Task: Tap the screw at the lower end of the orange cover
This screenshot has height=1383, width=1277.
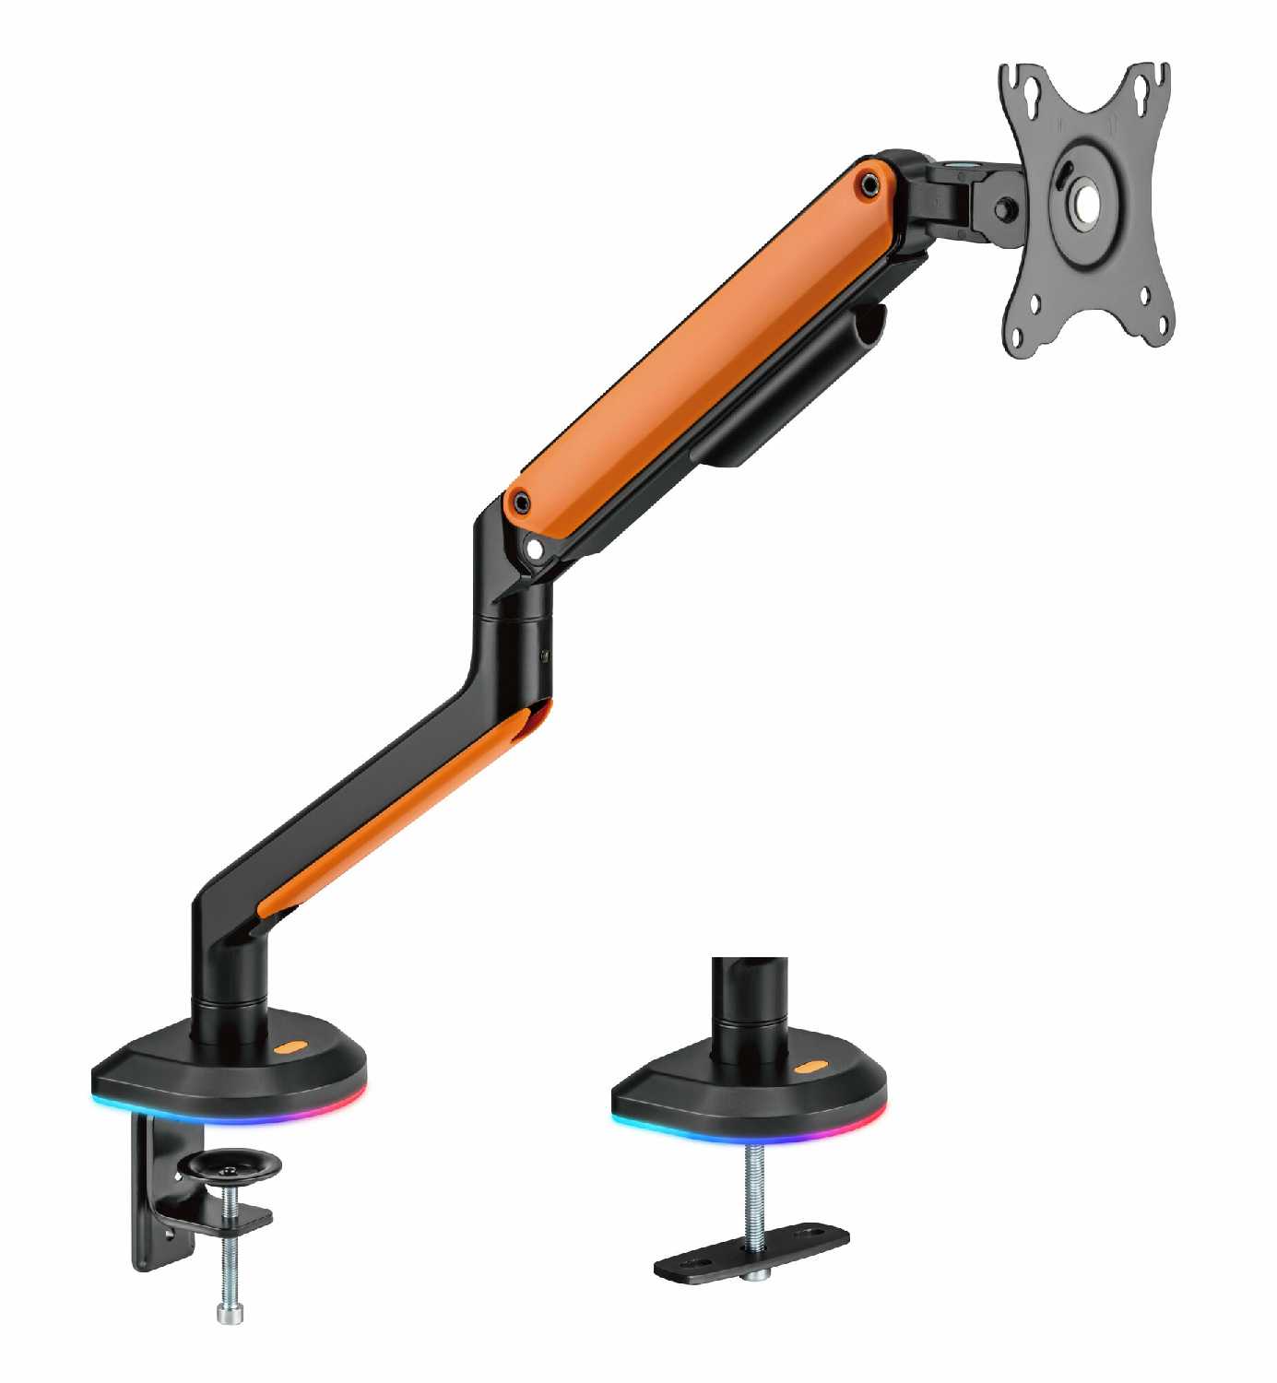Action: pos(522,502)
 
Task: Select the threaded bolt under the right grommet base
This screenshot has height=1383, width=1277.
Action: pos(753,1189)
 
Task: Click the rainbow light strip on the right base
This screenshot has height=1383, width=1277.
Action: pos(747,1133)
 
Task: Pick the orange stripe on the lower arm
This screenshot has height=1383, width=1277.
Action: pos(406,811)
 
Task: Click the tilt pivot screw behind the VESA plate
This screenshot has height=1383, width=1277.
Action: pos(1006,210)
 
